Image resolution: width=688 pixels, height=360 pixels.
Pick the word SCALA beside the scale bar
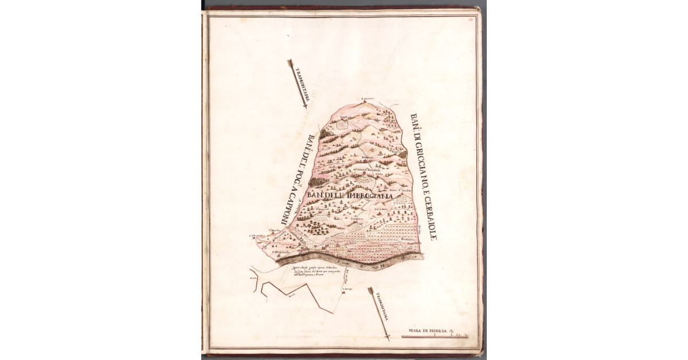[x=413, y=331]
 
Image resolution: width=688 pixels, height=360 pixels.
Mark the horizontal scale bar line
[x=434, y=335]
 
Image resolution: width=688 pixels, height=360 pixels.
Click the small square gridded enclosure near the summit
[x=345, y=122]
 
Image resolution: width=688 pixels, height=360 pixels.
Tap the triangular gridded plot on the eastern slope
[x=404, y=201]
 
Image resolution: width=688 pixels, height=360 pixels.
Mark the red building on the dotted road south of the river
[x=344, y=292]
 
